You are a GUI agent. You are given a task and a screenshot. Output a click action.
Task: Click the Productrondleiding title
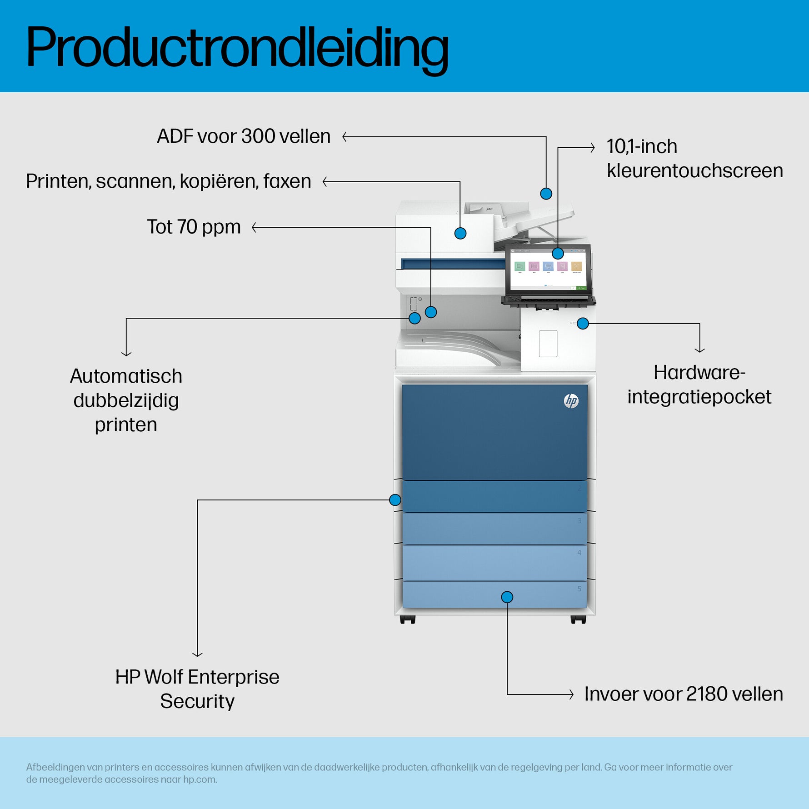tap(237, 48)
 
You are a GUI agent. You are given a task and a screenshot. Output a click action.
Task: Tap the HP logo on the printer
tap(571, 401)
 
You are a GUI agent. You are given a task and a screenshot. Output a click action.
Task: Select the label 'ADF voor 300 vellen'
tap(244, 136)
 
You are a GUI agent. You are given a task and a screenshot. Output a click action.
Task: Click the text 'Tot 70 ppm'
tap(194, 227)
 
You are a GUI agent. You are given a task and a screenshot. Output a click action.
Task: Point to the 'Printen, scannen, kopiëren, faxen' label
tap(168, 181)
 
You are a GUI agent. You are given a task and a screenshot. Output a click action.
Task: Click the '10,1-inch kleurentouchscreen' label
tap(694, 159)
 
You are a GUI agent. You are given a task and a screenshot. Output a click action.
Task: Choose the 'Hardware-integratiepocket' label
tap(699, 385)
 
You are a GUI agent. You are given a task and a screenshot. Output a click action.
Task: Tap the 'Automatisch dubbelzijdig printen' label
tap(126, 400)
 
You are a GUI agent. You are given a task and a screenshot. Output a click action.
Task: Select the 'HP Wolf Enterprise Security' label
tap(197, 689)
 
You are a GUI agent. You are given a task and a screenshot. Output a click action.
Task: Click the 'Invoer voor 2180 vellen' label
tap(684, 694)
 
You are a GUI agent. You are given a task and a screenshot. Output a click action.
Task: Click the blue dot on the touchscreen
tap(558, 253)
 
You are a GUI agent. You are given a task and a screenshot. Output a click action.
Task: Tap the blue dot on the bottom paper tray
tap(507, 597)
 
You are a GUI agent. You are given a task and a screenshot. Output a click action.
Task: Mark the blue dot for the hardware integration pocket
tap(583, 324)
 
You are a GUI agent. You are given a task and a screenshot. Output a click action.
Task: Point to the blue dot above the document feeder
tap(546, 194)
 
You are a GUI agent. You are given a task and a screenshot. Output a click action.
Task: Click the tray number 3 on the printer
tap(579, 521)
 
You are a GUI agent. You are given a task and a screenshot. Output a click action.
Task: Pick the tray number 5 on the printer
tap(579, 589)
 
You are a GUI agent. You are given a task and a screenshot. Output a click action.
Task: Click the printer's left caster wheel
tap(408, 619)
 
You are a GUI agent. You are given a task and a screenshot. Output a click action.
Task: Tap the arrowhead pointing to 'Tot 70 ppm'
tap(255, 227)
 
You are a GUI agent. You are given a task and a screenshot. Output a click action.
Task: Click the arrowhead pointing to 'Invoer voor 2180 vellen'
tap(571, 694)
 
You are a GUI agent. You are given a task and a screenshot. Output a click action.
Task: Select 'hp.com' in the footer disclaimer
tap(200, 779)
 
